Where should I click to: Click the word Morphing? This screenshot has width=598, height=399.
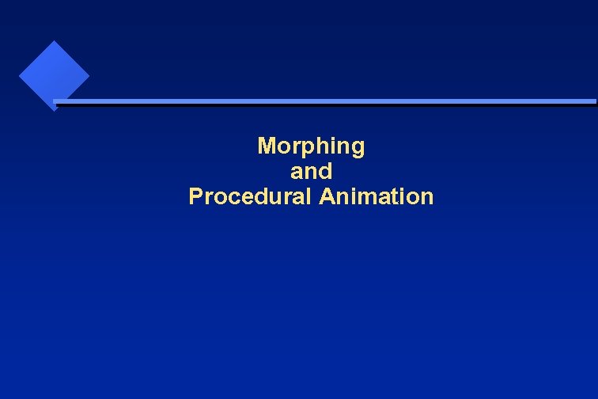(311, 146)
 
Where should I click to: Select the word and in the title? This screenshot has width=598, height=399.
(311, 171)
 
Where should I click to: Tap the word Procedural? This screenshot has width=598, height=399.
(251, 196)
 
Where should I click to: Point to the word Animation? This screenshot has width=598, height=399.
(377, 196)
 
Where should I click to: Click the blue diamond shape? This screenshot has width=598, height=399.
(54, 75)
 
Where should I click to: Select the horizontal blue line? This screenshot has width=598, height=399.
(324, 101)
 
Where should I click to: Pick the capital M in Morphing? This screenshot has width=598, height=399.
(267, 146)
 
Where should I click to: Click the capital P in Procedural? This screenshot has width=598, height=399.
(195, 196)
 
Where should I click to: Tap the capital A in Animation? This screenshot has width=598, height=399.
(327, 196)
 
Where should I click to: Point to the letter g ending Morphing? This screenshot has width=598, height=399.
(358, 149)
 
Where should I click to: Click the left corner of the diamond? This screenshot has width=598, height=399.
(20, 76)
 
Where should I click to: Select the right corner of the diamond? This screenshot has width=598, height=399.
(89, 76)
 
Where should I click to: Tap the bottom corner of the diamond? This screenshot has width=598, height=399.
(54, 110)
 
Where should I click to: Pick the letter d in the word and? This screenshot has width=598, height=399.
(326, 171)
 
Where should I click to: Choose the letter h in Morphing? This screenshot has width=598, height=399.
(320, 146)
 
